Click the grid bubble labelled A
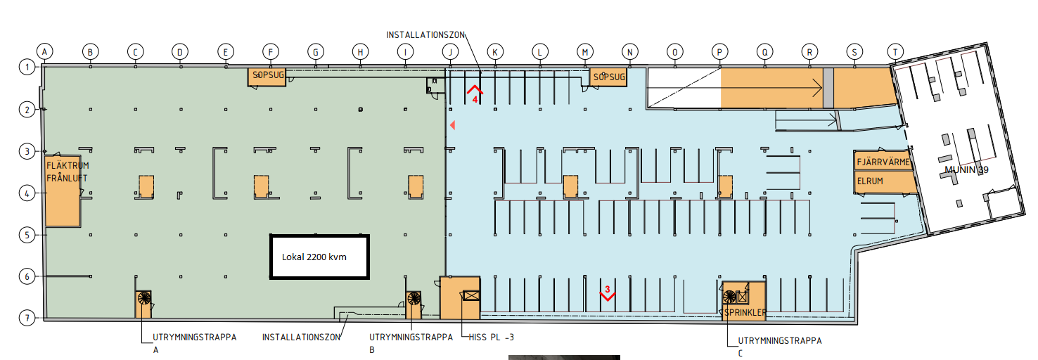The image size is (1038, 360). coord(44,51)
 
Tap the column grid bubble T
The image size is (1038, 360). coord(895,52)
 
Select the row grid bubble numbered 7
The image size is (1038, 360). coord(27,319)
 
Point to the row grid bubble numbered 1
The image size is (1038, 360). coord(27,67)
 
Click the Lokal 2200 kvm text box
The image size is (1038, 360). coord(319,257)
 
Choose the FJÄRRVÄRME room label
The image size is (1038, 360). coord(883,162)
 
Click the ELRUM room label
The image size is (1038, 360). coord(870,181)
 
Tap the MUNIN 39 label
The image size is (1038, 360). coord(966,170)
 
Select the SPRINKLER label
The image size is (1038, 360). coord(745,312)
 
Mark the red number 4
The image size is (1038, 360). coord(475,100)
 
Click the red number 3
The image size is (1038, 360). coord(608,289)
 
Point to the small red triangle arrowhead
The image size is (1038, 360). coord(452,125)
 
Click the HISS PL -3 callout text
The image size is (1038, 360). coord(491,337)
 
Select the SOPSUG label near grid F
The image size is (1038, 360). coord(269,75)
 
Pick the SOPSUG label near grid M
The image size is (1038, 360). coord(609,77)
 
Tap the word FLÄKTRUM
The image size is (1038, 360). coord(68,165)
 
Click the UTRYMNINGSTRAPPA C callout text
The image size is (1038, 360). coord(780,347)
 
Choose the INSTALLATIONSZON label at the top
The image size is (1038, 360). coord(425,34)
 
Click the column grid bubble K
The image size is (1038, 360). coord(495,52)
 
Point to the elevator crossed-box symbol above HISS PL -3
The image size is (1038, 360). coord(471,295)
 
